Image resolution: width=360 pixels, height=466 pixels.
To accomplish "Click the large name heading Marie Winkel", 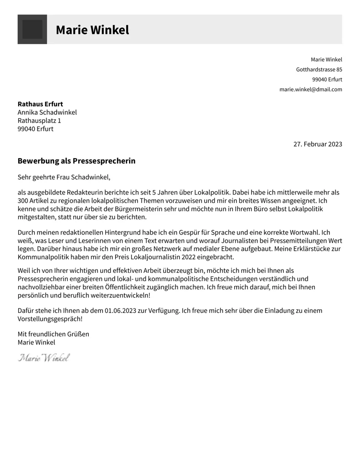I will tap(92, 30).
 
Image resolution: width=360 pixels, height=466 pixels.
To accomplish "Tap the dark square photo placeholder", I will tap(32, 29).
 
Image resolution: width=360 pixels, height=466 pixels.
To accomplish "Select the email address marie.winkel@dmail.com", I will tap(311, 89).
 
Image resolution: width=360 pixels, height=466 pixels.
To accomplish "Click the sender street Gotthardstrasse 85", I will tap(319, 70).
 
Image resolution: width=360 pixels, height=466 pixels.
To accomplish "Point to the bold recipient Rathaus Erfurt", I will tap(40, 104).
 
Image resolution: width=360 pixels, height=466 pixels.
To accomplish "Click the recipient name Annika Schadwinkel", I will tap(47, 112).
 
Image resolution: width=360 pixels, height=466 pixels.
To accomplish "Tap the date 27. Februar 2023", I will tap(317, 144).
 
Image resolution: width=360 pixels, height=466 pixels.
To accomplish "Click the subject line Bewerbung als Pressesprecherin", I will tap(76, 161).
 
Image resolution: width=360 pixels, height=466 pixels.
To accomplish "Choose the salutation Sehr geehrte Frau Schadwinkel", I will tap(64, 177).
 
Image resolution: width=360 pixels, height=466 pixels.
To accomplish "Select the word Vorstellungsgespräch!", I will tap(50, 319).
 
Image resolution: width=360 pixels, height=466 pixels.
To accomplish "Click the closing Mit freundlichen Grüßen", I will tap(53, 334).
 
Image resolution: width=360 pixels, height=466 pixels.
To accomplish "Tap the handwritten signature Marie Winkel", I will tap(44, 357).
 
